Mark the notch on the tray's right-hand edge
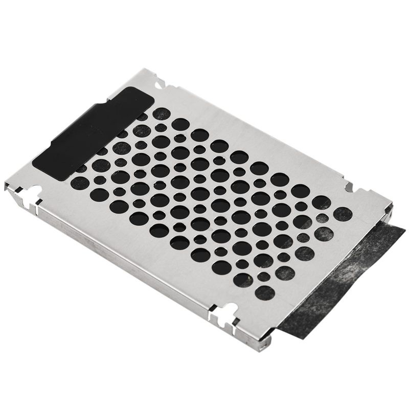351,182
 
